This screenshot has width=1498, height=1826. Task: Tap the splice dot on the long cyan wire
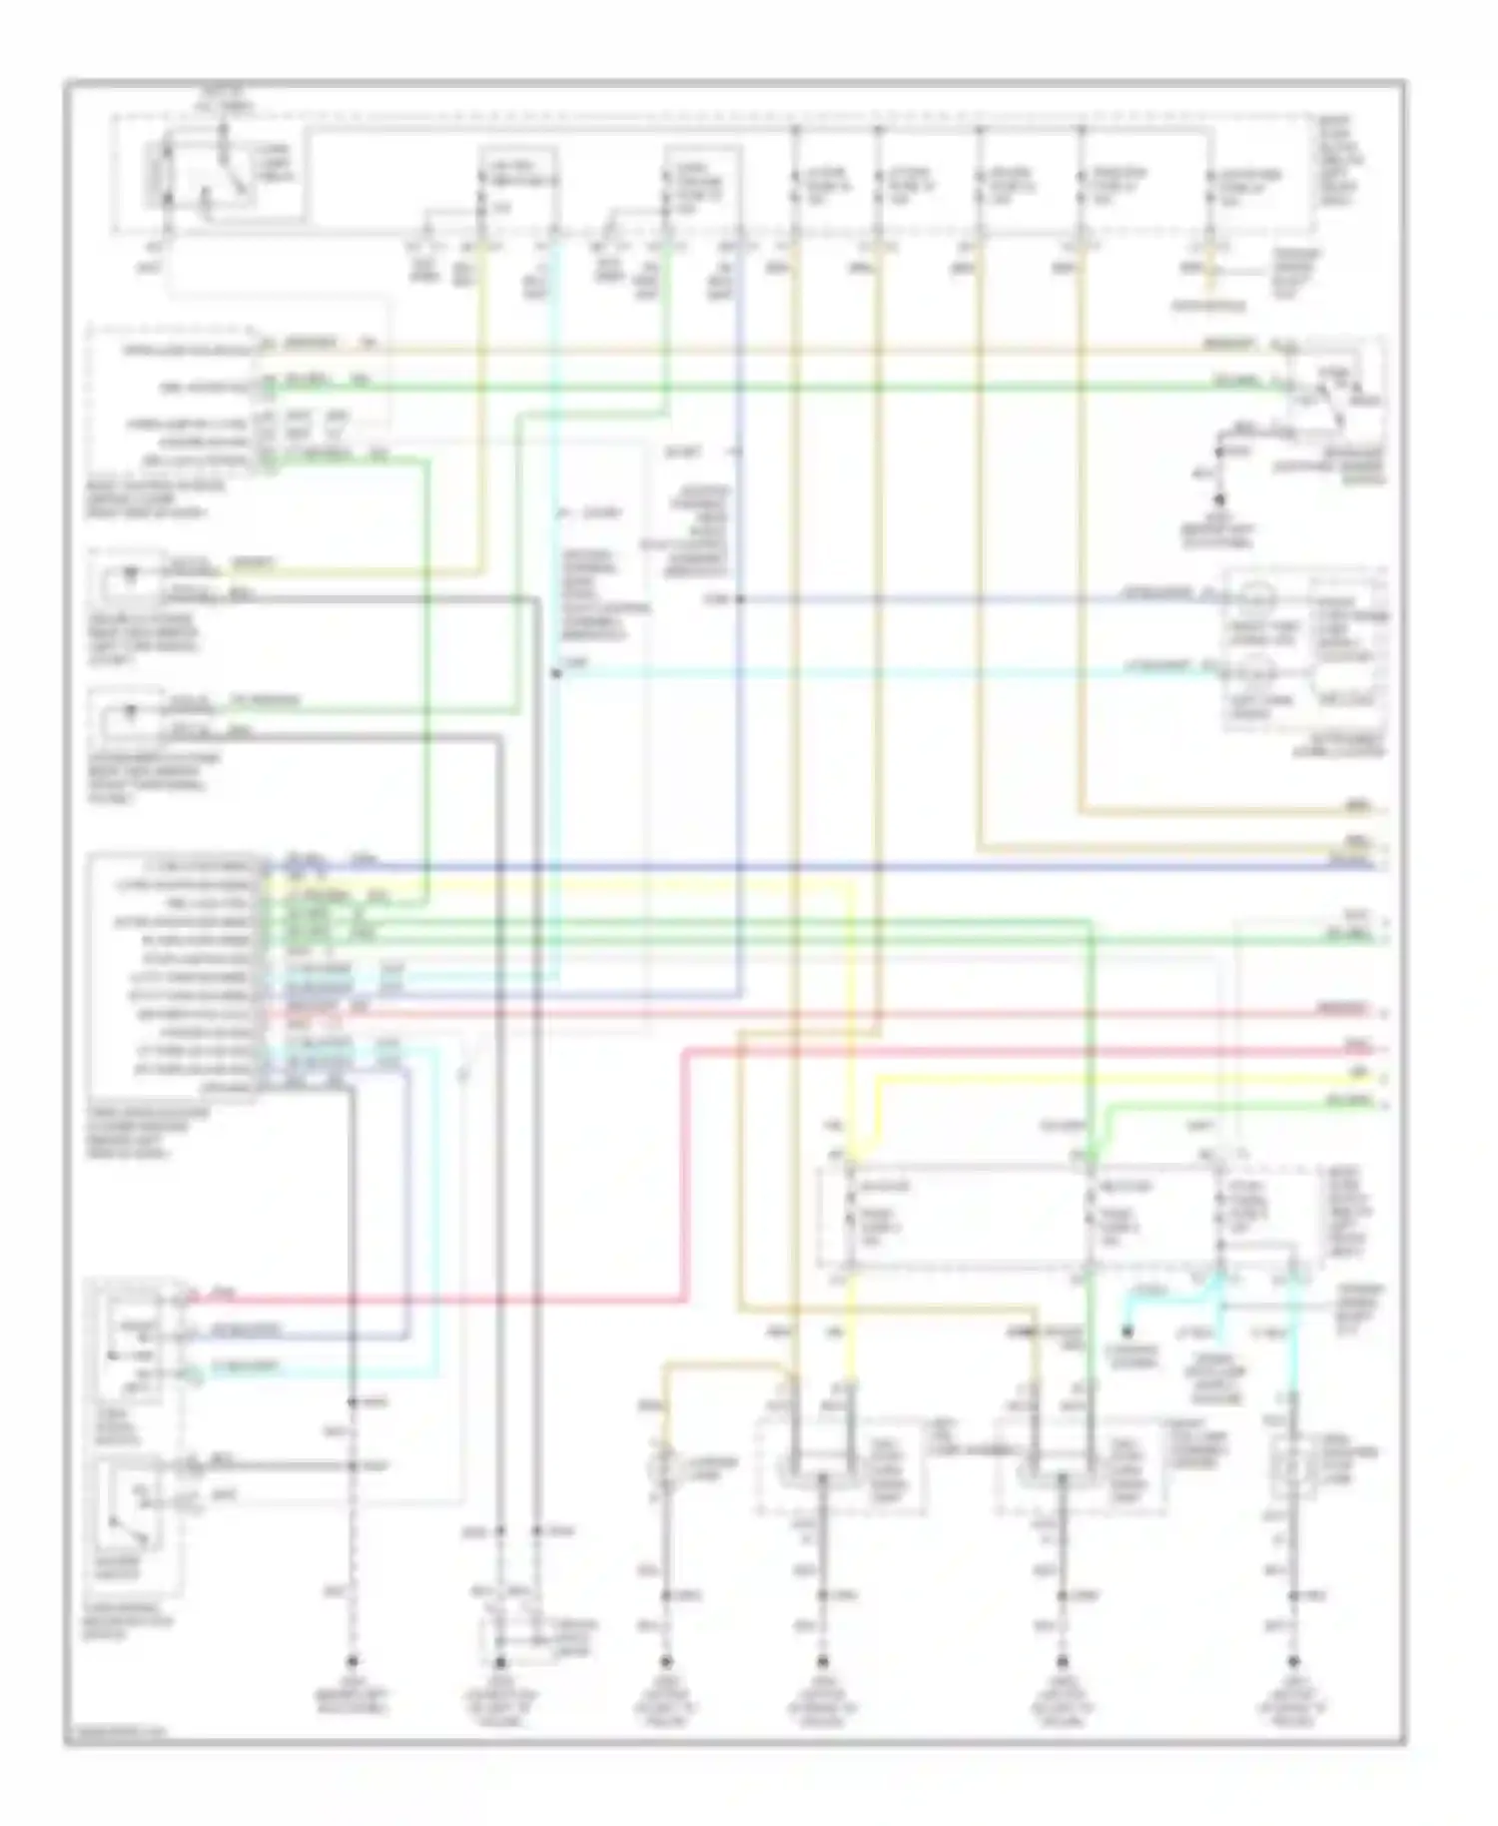click(556, 674)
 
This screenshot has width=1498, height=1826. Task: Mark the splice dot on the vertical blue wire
click(740, 599)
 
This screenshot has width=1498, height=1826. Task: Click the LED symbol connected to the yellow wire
click(129, 577)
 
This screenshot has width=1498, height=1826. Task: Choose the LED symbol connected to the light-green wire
click(129, 713)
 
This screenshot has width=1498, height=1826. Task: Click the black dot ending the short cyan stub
click(1127, 1331)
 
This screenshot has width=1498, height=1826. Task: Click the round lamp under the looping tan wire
click(661, 1467)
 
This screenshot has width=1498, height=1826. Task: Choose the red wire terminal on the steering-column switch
click(183, 1299)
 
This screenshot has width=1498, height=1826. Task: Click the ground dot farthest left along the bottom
click(352, 1663)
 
